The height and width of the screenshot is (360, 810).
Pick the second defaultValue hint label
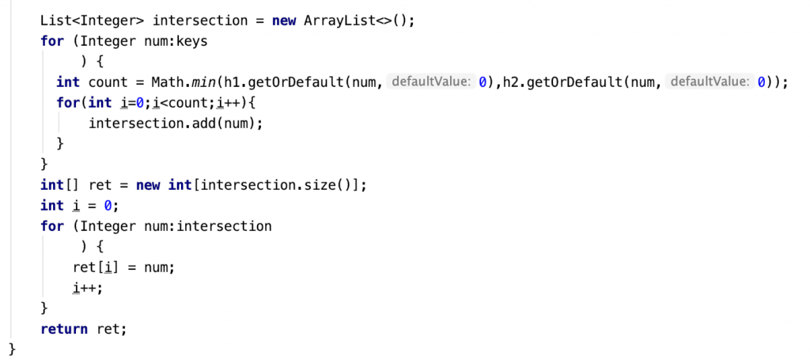click(x=709, y=81)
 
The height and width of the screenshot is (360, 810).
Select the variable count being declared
click(x=108, y=81)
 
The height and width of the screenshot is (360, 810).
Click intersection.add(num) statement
click(x=176, y=123)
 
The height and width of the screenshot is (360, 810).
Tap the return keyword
click(x=64, y=329)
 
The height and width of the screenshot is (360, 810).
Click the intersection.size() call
click(x=278, y=185)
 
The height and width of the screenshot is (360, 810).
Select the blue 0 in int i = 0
click(x=108, y=206)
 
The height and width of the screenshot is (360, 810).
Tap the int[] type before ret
click(x=60, y=185)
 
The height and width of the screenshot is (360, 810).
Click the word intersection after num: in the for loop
click(x=224, y=226)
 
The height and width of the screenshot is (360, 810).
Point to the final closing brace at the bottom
click(x=13, y=349)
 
